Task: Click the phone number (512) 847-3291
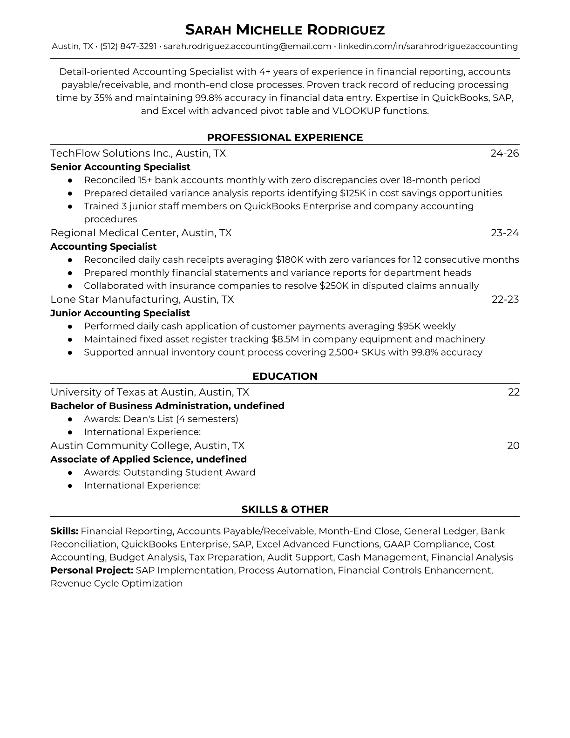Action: pyautogui.click(x=128, y=46)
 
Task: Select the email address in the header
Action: pyautogui.click(x=247, y=46)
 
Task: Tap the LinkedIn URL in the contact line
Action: pyautogui.click(x=428, y=46)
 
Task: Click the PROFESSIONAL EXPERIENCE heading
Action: pyautogui.click(x=285, y=137)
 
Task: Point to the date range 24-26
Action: pyautogui.click(x=504, y=153)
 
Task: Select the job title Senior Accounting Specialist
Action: pyautogui.click(x=120, y=167)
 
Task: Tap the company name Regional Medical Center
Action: pyautogui.click(x=113, y=233)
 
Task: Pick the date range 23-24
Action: pyautogui.click(x=505, y=233)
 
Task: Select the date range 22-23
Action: pyautogui.click(x=505, y=299)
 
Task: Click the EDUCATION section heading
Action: pyautogui.click(x=285, y=376)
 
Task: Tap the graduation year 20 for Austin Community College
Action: pyautogui.click(x=513, y=445)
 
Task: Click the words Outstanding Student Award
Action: pyautogui.click(x=189, y=472)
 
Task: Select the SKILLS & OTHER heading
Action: pyautogui.click(x=285, y=510)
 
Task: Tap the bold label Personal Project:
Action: pyautogui.click(x=92, y=570)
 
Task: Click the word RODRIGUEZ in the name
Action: pyautogui.click(x=346, y=30)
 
